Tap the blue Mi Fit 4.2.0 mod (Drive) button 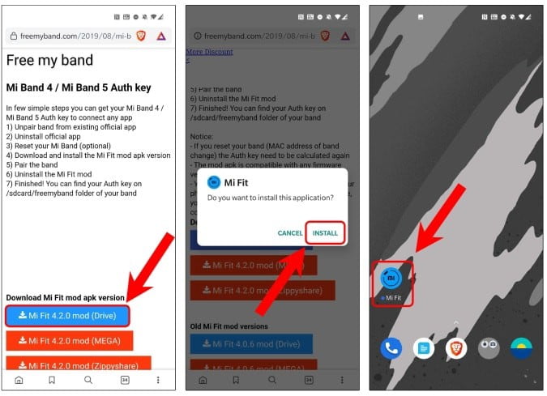click(66, 315)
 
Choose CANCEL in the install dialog click(290, 233)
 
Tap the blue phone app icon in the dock click(391, 348)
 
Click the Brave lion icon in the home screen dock click(456, 348)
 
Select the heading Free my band click(50, 60)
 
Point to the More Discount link click(210, 52)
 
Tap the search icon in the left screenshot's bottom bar click(88, 379)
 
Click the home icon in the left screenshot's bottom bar click(19, 379)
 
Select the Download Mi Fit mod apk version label click(66, 297)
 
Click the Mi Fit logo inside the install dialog click(214, 181)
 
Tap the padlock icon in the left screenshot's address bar click(12, 36)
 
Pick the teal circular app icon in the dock click(521, 348)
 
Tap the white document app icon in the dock click(424, 348)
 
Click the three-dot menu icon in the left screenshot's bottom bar click(158, 379)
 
